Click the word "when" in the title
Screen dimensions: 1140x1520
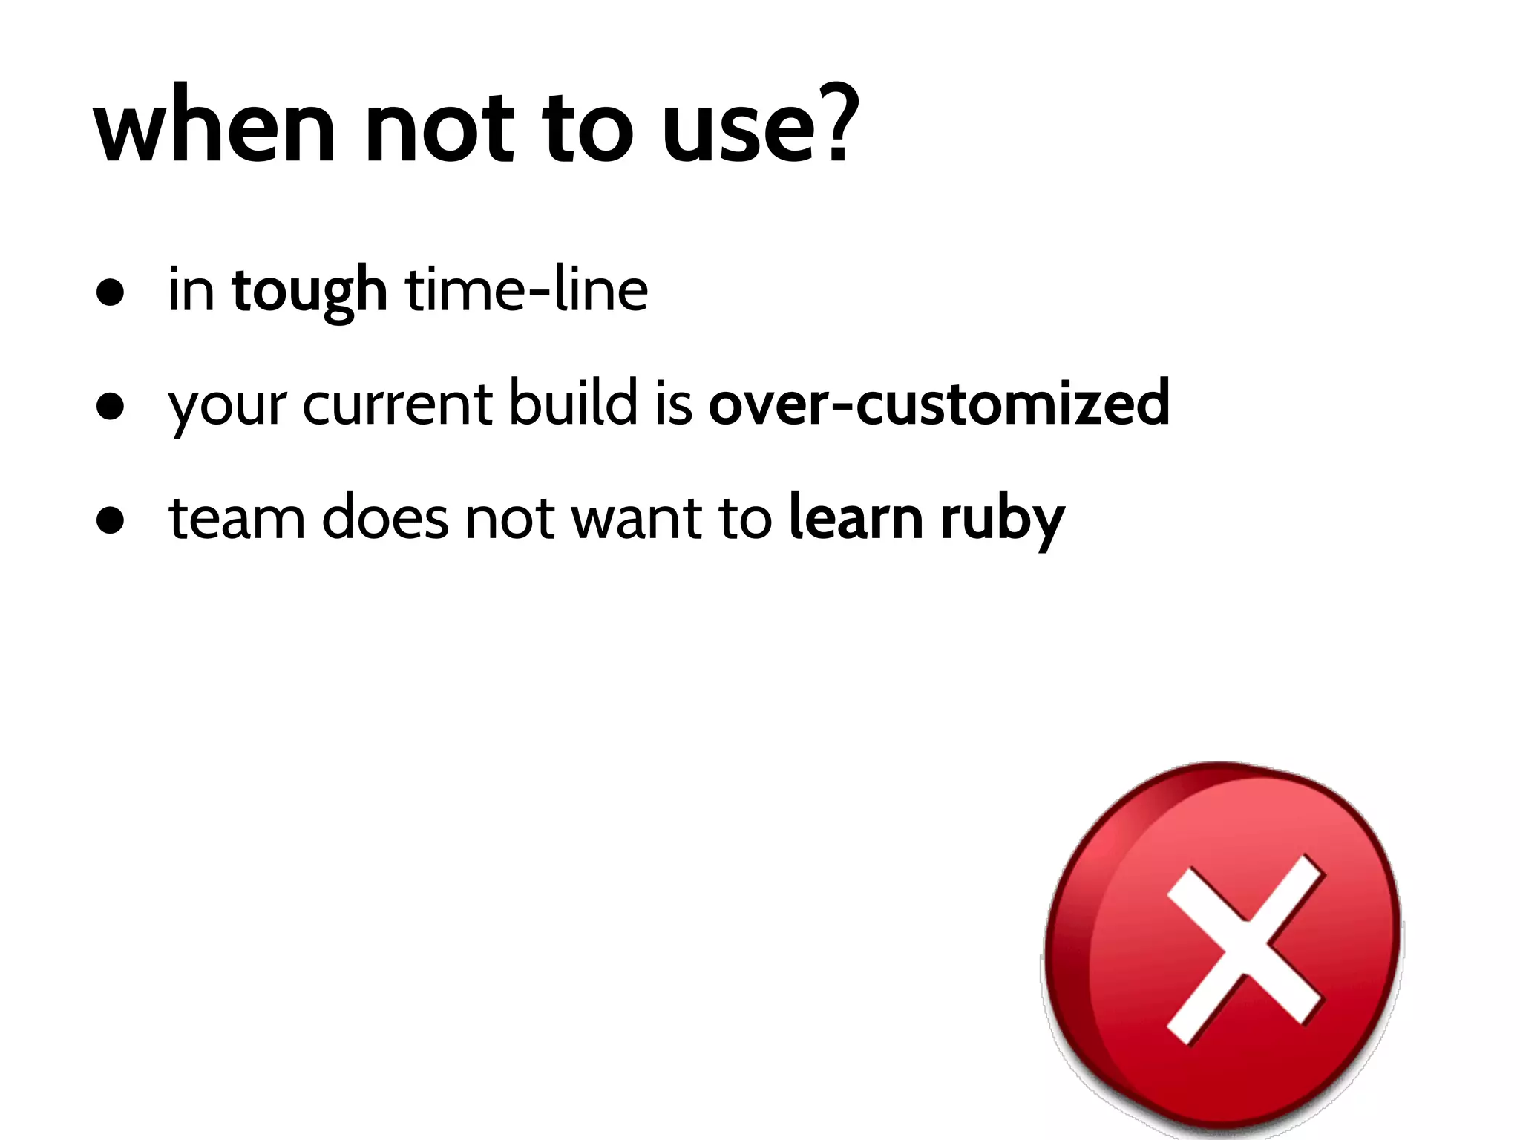[x=215, y=126]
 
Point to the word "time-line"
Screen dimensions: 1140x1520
[x=526, y=289]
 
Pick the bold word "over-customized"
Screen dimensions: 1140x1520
[x=939, y=403]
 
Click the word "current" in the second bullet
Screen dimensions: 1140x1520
[x=397, y=404]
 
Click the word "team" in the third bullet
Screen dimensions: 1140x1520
[x=237, y=518]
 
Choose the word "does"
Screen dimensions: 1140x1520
[x=385, y=517]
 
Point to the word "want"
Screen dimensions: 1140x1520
[x=635, y=518]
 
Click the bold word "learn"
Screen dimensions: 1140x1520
[x=856, y=517]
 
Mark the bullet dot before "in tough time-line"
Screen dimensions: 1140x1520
[x=110, y=292]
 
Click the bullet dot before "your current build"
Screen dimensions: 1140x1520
[x=110, y=407]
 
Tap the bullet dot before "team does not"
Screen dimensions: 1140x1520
[x=110, y=520]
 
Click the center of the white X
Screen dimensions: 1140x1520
[x=1245, y=950]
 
